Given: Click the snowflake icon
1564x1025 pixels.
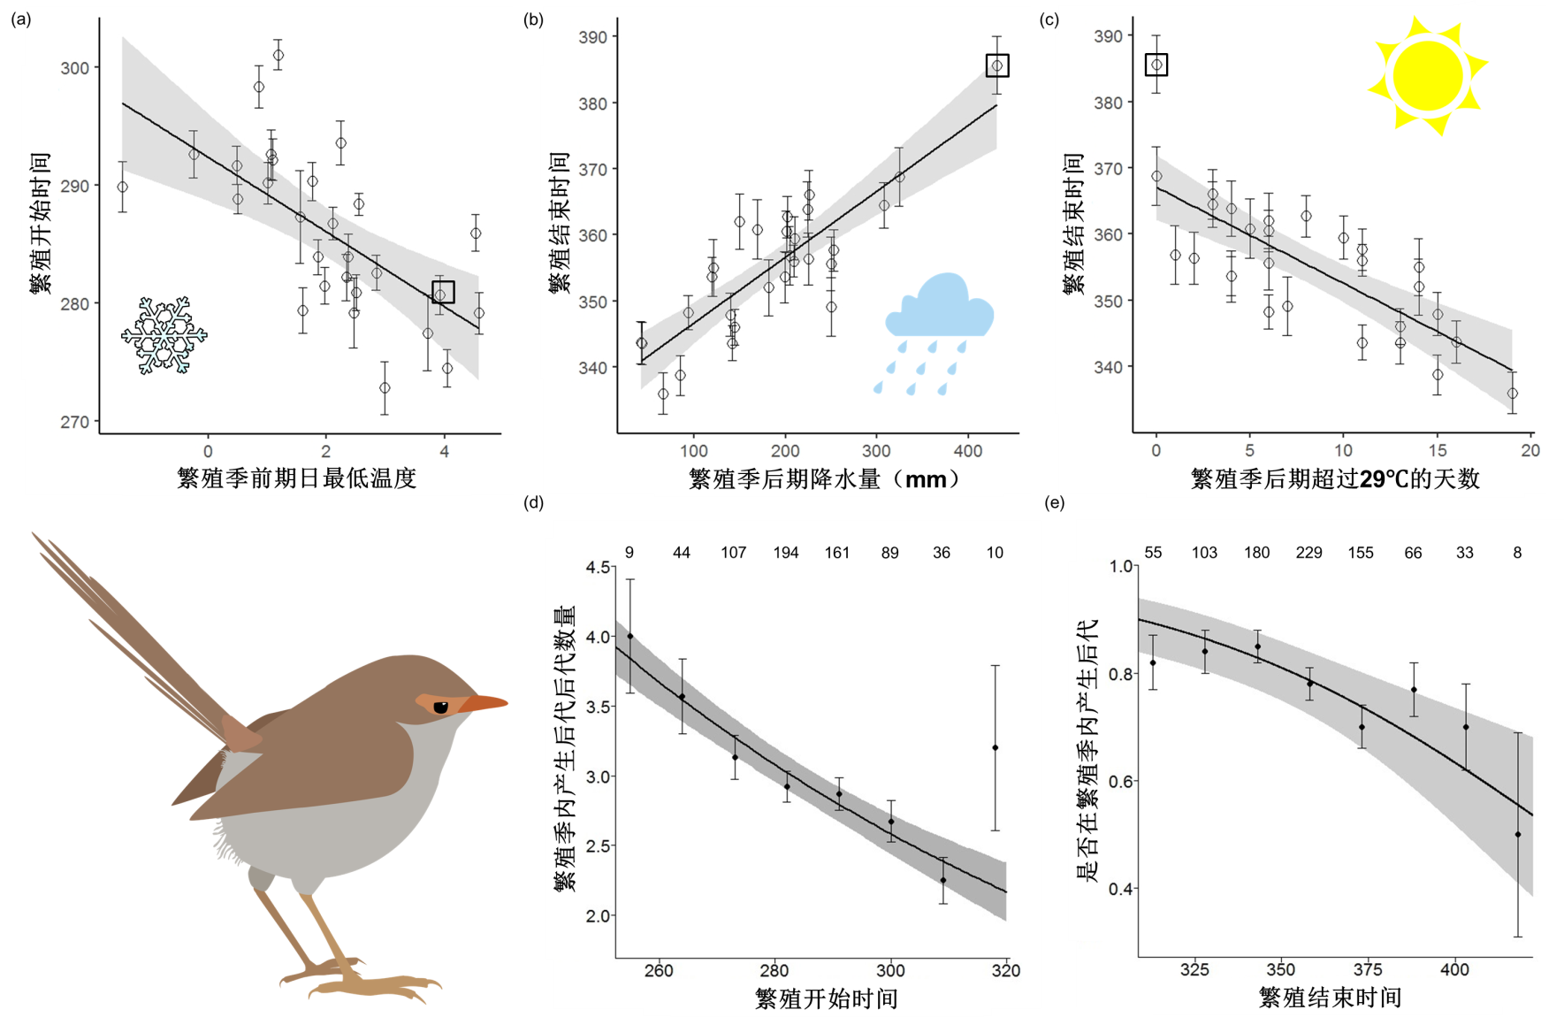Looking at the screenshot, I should click(164, 334).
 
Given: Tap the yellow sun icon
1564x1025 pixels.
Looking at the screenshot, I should click(1427, 76).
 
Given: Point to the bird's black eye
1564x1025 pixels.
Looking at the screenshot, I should click(440, 707).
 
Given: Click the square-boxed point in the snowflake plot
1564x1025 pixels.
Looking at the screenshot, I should click(443, 292).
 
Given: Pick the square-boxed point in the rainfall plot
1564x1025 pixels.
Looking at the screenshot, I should click(997, 65).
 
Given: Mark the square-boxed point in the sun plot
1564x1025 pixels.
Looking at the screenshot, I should click(1156, 65).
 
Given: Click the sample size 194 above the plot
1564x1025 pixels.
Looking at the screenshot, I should click(785, 553).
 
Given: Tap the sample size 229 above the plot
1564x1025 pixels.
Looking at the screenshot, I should click(1308, 553).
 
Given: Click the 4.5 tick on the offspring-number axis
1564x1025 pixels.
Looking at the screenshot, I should click(599, 567).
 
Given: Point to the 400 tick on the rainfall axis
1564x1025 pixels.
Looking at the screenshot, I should click(968, 451).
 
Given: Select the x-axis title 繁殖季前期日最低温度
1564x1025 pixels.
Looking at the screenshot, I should click(297, 478).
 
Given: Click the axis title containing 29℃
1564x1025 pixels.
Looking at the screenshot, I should click(1335, 479).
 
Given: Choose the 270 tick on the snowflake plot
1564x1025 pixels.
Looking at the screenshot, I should click(75, 422).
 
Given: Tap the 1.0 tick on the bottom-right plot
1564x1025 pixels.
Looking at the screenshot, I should click(1121, 566).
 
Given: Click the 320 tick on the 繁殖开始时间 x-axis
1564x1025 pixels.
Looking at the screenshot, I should click(1006, 970).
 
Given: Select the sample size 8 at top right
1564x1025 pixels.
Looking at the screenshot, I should click(1517, 553).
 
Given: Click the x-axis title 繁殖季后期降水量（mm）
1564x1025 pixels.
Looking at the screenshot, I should click(824, 479).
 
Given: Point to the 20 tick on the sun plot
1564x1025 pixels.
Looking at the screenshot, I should click(1530, 450).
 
